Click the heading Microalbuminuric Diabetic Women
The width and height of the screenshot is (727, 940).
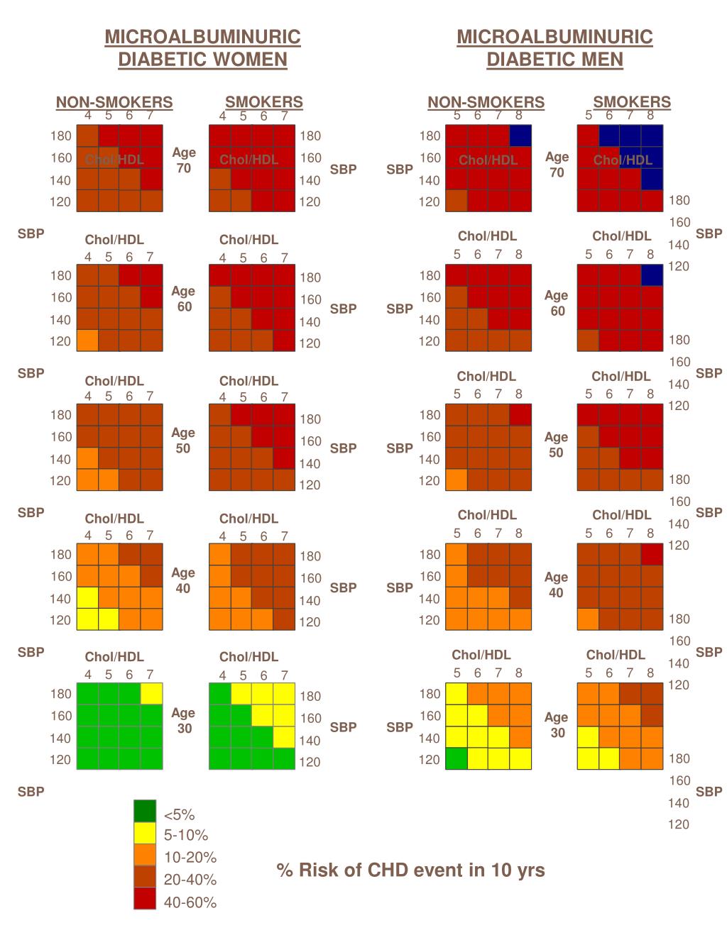coord(202,48)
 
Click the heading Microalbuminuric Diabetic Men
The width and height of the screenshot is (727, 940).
coord(554,48)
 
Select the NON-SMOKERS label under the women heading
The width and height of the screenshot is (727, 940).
coord(114,102)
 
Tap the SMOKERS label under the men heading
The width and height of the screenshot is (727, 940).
coord(632,102)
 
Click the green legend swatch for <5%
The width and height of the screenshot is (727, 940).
coord(145,811)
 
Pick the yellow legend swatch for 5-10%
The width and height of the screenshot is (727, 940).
coord(145,833)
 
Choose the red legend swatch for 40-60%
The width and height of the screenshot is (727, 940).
coord(145,899)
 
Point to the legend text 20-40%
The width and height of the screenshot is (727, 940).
coord(190,880)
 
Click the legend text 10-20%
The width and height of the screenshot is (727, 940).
coord(190,857)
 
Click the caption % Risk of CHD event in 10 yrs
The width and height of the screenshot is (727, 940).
coord(411,870)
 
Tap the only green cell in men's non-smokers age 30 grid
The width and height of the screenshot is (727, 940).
coord(457,759)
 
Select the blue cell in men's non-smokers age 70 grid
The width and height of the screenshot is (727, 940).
coord(520,136)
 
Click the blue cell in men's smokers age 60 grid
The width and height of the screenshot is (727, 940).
coord(652,275)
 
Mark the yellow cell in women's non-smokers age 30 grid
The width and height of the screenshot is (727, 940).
coord(151,693)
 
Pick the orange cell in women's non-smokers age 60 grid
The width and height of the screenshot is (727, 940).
coord(87,341)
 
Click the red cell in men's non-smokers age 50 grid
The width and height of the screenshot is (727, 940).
coord(520,414)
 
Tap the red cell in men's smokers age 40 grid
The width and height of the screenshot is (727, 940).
coord(652,554)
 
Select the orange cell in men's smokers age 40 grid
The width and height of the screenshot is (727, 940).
coord(588,619)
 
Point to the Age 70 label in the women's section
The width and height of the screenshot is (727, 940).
coord(184,160)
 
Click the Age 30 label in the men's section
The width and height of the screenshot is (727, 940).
coord(557,725)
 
